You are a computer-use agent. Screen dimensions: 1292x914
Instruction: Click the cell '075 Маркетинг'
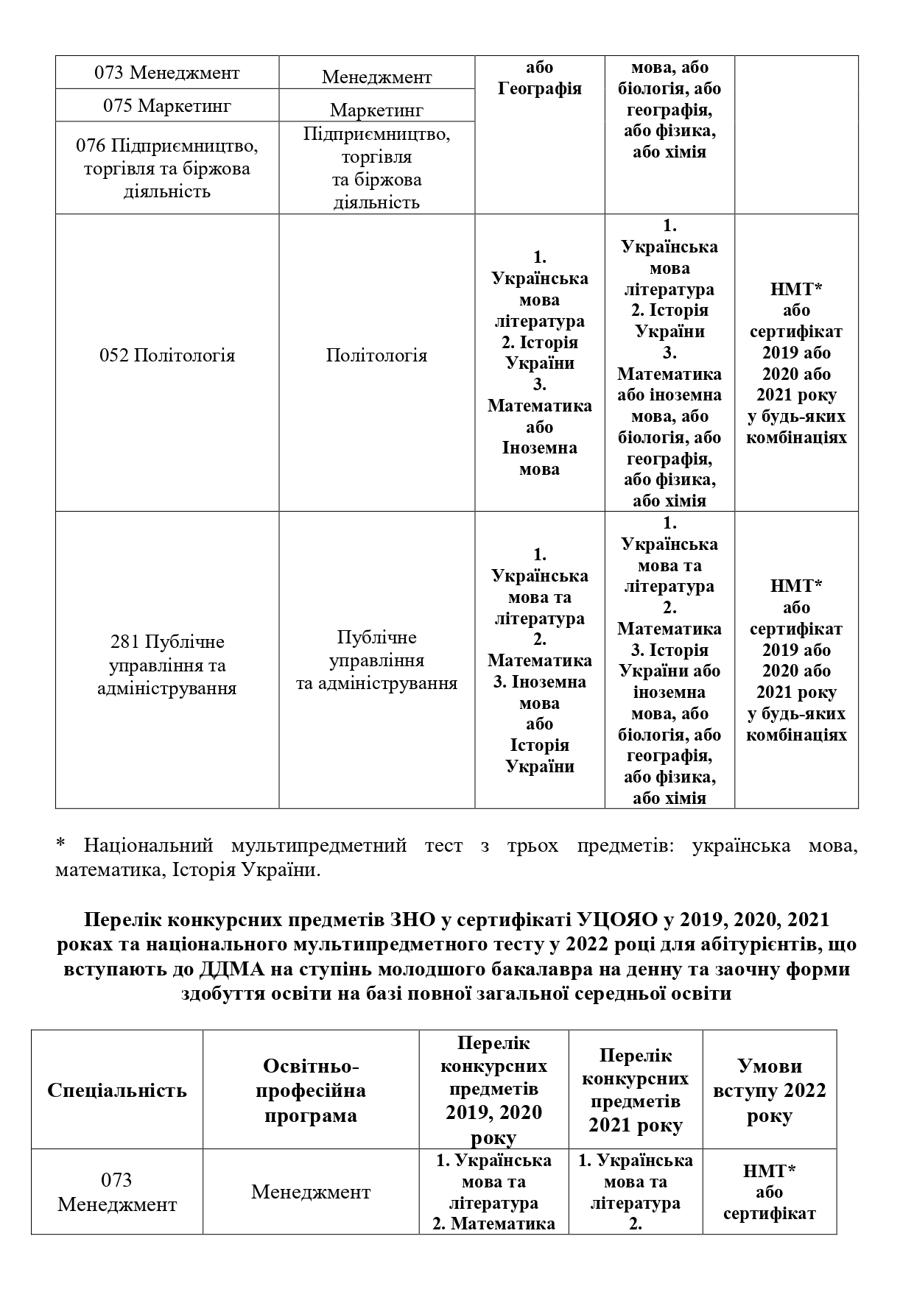(167, 106)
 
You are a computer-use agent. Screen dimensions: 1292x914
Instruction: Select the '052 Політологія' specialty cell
(167, 356)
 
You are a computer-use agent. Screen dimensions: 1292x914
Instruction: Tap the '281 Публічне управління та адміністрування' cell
(167, 665)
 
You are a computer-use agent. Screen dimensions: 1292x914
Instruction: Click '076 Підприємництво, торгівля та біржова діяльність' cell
(167, 169)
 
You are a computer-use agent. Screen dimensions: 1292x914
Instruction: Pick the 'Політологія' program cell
(376, 356)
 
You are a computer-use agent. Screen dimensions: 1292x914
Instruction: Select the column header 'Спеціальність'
(117, 1090)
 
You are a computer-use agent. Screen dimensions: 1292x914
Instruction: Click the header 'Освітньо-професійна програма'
(311, 1090)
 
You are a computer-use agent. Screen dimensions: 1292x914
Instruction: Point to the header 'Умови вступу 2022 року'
(769, 1090)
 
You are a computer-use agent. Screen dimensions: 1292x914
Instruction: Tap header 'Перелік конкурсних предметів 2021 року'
(635, 1090)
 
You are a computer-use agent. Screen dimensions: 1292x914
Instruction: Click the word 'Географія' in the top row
(540, 89)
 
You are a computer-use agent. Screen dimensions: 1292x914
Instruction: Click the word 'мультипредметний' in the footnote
(318, 845)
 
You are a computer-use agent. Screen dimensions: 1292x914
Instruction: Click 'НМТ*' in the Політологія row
(796, 289)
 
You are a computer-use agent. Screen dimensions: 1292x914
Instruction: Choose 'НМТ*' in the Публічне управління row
(796, 587)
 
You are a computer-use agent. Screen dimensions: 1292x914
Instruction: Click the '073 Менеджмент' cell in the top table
(167, 73)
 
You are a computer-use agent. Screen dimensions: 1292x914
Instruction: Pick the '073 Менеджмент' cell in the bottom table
(117, 1192)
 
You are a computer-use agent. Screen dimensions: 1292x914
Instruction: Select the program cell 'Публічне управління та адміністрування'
(376, 660)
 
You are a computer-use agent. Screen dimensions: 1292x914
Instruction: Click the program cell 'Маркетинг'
(376, 110)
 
